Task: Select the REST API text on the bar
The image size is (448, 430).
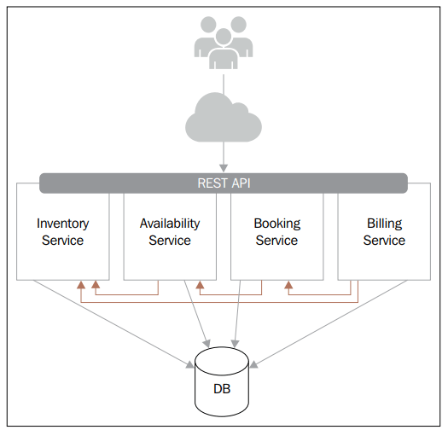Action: (223, 183)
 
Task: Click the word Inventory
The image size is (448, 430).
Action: (62, 224)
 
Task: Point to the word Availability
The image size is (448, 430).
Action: (170, 224)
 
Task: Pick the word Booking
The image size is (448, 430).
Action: (276, 224)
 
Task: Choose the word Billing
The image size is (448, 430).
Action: (384, 224)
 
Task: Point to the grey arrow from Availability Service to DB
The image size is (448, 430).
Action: (196, 316)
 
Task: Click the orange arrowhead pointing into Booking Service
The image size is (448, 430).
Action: (288, 285)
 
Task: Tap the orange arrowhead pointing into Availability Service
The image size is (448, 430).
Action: (200, 285)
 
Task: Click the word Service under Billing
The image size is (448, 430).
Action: (384, 241)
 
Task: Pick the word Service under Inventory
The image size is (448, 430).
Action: (62, 241)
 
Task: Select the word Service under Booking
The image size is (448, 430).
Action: (276, 241)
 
